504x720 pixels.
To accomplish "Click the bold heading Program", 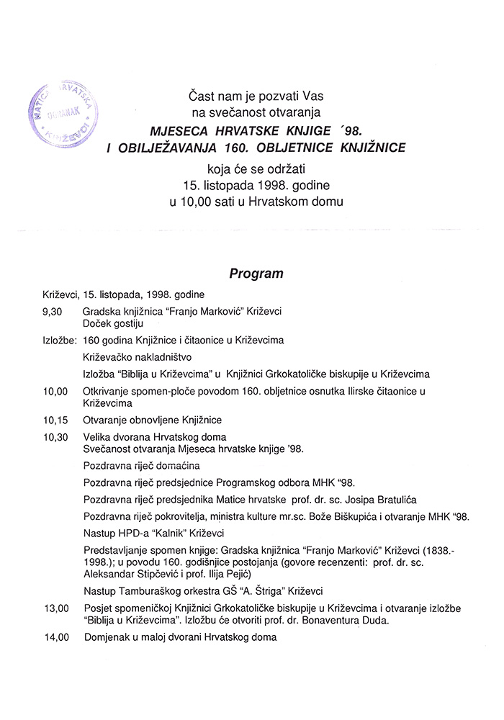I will [x=256, y=274].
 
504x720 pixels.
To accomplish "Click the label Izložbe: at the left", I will [x=60, y=339].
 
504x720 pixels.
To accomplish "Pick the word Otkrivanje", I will [x=109, y=391].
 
